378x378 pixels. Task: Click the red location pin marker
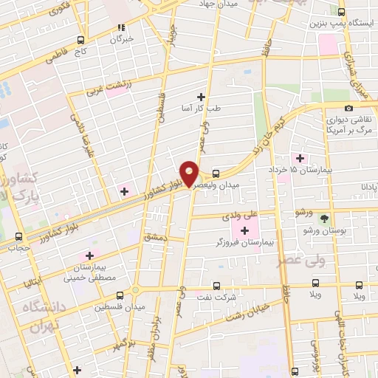(190, 173)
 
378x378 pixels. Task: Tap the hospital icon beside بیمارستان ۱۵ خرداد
(300, 157)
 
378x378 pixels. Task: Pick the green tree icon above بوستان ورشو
(323, 218)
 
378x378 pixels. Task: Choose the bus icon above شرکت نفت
(216, 285)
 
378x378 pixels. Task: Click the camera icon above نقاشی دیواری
(348, 109)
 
